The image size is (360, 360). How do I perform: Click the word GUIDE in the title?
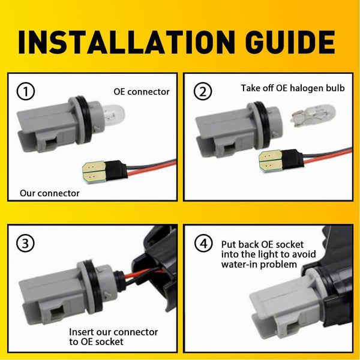[290, 42]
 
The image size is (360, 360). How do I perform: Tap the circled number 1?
[26, 91]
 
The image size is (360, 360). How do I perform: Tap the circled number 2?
[203, 91]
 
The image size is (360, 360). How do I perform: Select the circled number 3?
[25, 243]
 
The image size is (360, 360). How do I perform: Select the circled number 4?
[203, 243]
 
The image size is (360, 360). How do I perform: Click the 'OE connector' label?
[142, 92]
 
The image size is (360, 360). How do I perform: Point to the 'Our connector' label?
[50, 193]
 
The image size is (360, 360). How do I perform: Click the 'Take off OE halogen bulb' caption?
[293, 88]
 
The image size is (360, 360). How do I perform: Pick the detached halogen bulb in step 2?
[314, 116]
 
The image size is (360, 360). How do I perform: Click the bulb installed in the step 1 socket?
[113, 115]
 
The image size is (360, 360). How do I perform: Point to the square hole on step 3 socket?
[57, 314]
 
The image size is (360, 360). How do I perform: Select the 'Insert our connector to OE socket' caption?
[113, 337]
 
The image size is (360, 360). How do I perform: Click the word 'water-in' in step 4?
[239, 264]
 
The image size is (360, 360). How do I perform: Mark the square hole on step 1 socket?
[52, 145]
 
